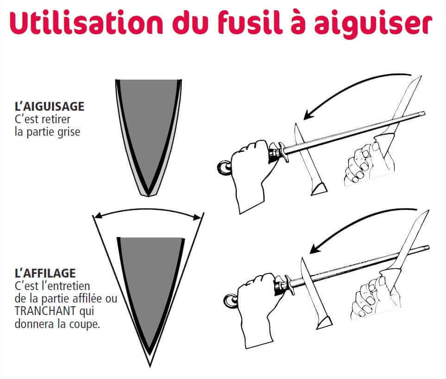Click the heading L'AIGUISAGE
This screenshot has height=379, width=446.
pyautogui.click(x=50, y=107)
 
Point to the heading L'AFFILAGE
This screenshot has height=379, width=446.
pyautogui.click(x=45, y=273)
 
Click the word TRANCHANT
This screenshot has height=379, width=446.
pyautogui.click(x=45, y=311)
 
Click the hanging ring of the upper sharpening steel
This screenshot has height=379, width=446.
pyautogui.click(x=224, y=168)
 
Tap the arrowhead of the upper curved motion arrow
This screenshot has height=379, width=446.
pyautogui.click(x=308, y=115)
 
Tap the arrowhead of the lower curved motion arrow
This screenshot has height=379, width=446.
pyautogui.click(x=314, y=249)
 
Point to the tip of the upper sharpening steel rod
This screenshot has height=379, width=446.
pyautogui.click(x=424, y=114)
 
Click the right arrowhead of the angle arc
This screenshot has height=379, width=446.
pyautogui.click(x=198, y=218)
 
